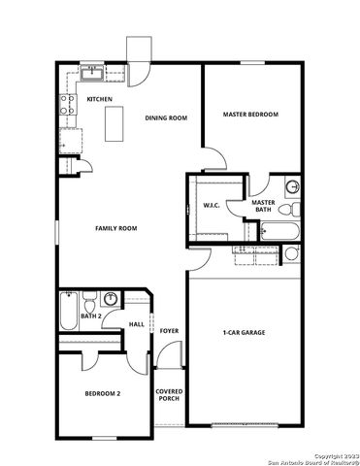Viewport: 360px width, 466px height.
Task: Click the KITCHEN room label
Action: click(x=100, y=100)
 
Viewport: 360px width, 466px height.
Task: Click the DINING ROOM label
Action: click(x=166, y=118)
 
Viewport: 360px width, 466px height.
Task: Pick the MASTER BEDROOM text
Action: click(x=250, y=115)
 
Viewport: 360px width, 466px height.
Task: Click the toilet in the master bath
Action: click(x=291, y=188)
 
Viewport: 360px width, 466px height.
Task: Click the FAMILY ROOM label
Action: click(x=115, y=228)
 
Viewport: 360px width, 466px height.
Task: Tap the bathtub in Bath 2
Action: click(x=67, y=313)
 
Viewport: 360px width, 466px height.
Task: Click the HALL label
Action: click(x=137, y=324)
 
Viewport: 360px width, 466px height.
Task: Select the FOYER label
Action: click(x=170, y=332)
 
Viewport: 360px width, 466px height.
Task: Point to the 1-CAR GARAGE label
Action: click(x=244, y=333)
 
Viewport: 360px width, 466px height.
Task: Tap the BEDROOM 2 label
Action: click(x=102, y=393)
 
